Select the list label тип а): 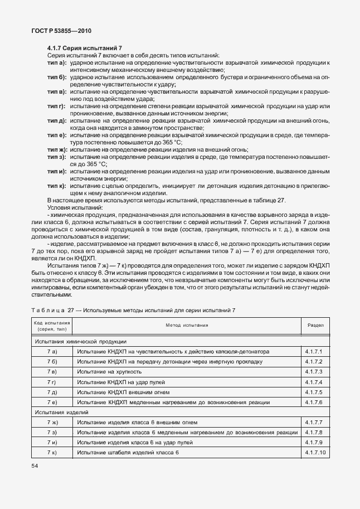57,63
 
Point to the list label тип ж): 57,150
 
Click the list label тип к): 57,185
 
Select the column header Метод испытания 186,324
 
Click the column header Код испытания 52,324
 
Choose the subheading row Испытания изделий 62,412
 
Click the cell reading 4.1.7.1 314,351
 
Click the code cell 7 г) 52,381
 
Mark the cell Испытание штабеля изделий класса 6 128,452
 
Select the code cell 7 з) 52,432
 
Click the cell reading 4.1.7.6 314,401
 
